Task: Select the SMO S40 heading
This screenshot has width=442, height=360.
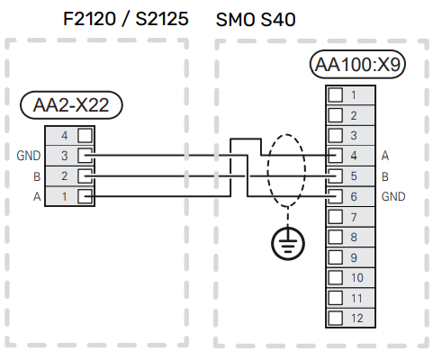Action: tap(257, 17)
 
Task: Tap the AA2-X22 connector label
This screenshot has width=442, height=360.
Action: tap(71, 106)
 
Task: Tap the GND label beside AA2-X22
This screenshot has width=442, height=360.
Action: tap(29, 156)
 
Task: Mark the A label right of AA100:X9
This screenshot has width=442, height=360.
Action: tap(385, 156)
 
